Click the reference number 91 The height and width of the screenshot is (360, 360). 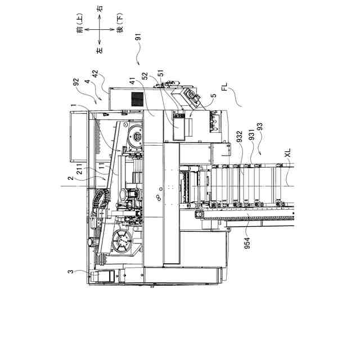pyautogui.click(x=138, y=37)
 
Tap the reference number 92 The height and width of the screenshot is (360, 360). pyautogui.click(x=76, y=82)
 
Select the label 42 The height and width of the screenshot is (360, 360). pyautogui.click(x=95, y=74)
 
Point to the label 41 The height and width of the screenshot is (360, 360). pyautogui.click(x=133, y=81)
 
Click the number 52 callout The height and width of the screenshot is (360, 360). pyautogui.click(x=145, y=76)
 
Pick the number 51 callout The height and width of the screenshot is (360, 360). pyautogui.click(x=161, y=73)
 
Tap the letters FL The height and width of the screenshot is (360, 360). pyautogui.click(x=224, y=87)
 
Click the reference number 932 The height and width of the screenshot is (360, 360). pyautogui.click(x=240, y=136)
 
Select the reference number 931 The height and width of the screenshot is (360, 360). pyautogui.click(x=251, y=134)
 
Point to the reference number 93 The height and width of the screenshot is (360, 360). pyautogui.click(x=260, y=127)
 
